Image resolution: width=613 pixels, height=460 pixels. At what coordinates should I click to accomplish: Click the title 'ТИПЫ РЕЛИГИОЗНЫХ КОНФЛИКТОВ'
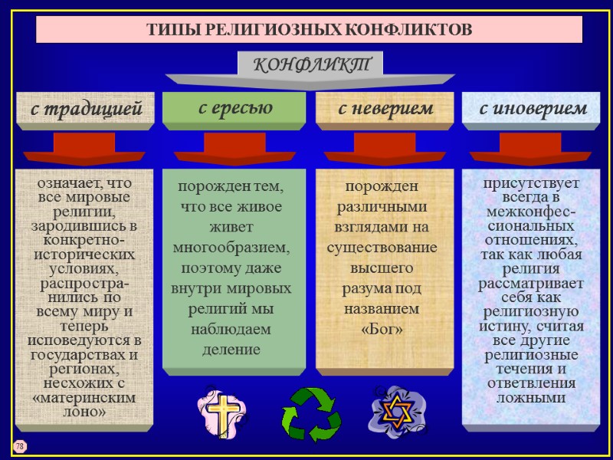pos(310,30)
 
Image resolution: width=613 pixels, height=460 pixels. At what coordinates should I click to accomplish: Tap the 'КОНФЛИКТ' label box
pos(310,64)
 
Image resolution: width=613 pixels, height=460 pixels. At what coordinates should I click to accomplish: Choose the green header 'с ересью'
pos(235,107)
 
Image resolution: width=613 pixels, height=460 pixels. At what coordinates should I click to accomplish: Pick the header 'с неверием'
pos(385,109)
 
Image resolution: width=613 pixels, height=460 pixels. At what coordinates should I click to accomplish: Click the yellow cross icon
pos(224,412)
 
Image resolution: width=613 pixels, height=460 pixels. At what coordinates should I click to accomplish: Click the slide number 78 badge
pos(19,446)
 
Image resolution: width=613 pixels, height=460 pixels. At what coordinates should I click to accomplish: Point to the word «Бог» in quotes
pos(382,329)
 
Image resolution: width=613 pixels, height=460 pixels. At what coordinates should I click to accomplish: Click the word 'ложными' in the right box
pos(531,398)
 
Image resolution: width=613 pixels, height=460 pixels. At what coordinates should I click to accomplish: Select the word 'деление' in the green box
pos(232,349)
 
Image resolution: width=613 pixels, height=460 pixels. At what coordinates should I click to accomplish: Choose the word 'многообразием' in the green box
pos(232,248)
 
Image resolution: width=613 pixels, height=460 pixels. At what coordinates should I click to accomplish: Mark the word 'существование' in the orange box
pos(382,248)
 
